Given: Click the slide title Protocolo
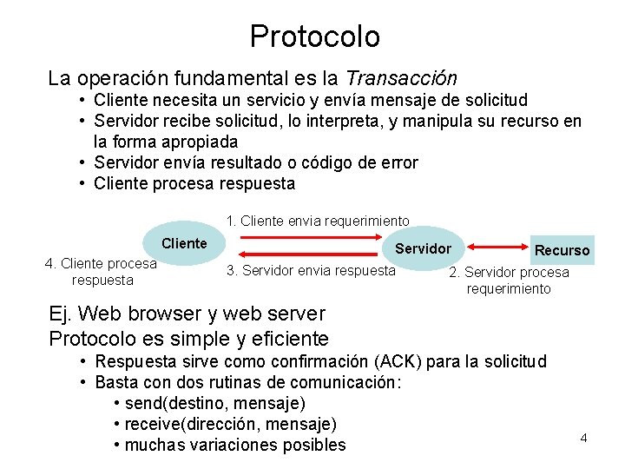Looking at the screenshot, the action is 314,36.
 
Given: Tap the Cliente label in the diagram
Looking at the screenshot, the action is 184,243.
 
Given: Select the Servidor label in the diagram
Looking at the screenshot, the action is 423,248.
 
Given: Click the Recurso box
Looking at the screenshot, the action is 562,250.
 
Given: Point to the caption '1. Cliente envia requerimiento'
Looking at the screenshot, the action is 318,221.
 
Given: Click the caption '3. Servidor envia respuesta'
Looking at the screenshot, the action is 311,270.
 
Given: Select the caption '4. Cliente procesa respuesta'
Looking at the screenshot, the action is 102,272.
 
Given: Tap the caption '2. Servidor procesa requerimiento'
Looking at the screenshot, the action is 509,281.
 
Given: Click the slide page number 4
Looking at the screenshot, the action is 583,438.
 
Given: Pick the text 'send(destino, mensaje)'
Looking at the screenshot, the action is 215,403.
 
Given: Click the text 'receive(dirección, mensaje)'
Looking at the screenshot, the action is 231,424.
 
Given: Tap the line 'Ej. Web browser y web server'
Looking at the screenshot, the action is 187,314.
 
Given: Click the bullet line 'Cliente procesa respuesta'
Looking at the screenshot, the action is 194,183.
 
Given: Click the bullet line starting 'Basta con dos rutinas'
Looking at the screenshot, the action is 247,382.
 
